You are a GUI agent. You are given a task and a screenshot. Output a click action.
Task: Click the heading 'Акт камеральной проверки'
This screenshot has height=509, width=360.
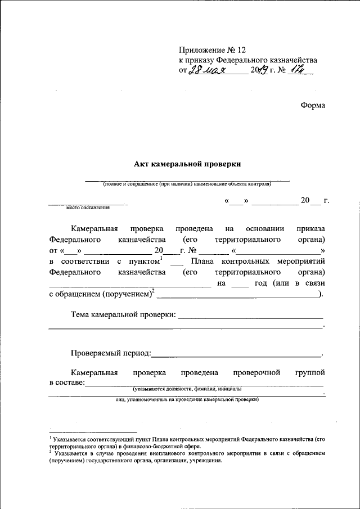(187, 164)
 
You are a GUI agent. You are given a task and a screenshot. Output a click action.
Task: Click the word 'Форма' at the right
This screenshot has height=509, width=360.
(312, 105)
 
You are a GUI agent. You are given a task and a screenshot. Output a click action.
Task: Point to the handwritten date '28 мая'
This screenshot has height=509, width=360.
(206, 71)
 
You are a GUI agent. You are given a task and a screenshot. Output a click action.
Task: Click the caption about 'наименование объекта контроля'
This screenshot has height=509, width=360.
(187, 184)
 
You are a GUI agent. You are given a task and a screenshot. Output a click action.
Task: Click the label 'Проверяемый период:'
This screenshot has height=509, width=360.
(111, 353)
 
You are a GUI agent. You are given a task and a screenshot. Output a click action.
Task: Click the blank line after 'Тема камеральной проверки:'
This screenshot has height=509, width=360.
(250, 317)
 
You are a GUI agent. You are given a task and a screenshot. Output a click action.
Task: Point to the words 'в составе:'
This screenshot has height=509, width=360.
(66, 382)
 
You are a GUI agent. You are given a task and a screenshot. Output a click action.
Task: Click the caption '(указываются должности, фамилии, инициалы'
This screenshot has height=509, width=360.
(187, 389)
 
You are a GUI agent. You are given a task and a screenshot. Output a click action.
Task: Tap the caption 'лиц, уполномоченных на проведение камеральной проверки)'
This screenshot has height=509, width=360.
(187, 399)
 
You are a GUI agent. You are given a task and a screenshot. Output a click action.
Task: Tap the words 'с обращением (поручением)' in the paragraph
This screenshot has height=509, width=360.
(100, 293)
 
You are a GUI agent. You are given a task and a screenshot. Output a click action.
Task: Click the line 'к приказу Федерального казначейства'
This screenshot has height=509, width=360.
(248, 60)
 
